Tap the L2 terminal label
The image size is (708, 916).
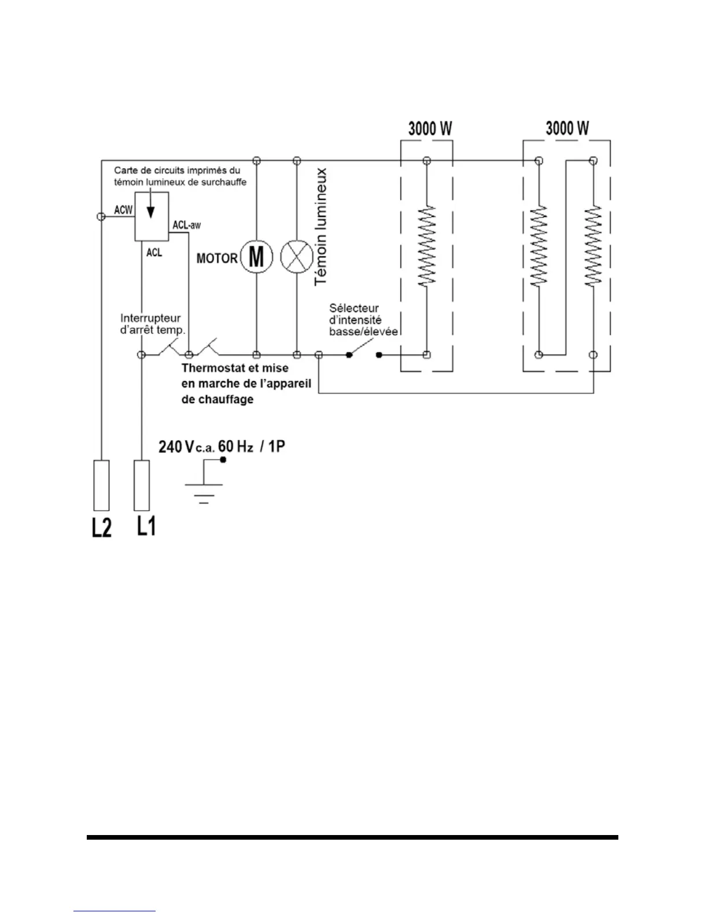point(101,527)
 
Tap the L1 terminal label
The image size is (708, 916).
point(146,526)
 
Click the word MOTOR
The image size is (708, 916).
point(217,258)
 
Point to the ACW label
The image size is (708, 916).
point(123,210)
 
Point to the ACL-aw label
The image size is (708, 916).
point(187,224)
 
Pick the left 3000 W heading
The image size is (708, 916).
point(430,128)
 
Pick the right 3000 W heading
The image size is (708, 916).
point(567,128)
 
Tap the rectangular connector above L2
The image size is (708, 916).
point(101,485)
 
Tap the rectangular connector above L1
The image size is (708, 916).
point(142,485)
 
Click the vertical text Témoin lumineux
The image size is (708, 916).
point(321,227)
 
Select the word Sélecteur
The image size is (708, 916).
point(354,308)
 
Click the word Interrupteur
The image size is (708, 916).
point(150,318)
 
